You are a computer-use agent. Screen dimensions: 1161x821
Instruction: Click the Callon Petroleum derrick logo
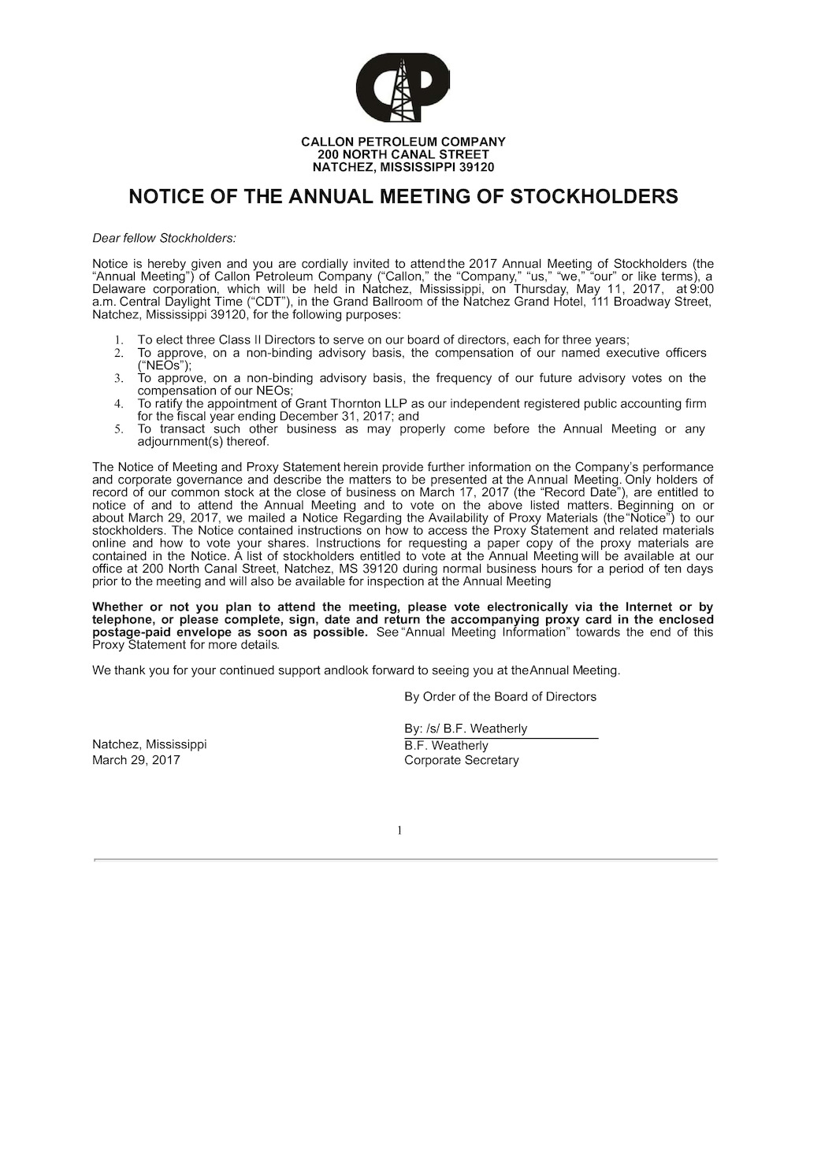pyautogui.click(x=403, y=87)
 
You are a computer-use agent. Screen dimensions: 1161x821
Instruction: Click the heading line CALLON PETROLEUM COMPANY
pyautogui.click(x=403, y=142)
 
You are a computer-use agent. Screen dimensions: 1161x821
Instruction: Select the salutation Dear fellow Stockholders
pyautogui.click(x=164, y=238)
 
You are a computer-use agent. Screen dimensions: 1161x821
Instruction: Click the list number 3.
pyautogui.click(x=118, y=378)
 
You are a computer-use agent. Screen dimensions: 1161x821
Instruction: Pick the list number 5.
pyautogui.click(x=118, y=429)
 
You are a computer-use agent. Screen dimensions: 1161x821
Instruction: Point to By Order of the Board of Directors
pyautogui.click(x=500, y=696)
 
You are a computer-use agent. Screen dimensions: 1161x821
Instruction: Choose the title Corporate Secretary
pyautogui.click(x=461, y=760)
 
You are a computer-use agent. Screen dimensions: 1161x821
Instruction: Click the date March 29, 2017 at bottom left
pyautogui.click(x=136, y=760)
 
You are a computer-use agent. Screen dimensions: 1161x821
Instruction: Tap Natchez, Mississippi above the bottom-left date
pyautogui.click(x=149, y=744)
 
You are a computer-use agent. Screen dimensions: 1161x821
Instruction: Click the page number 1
pyautogui.click(x=399, y=830)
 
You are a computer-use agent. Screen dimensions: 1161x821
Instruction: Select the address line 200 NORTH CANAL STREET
pyautogui.click(x=403, y=154)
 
